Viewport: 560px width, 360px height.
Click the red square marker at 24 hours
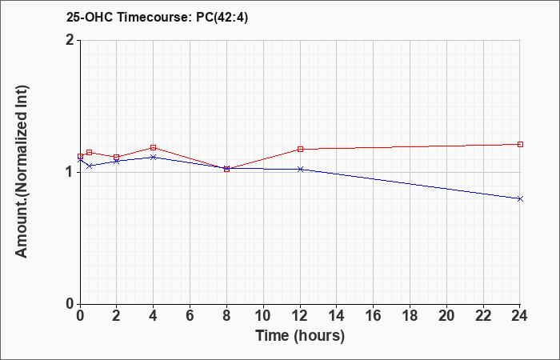pos(520,144)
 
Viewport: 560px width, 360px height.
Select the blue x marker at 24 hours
pos(520,198)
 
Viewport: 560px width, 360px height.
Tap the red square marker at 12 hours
pos(300,149)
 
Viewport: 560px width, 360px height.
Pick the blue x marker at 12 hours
pos(300,169)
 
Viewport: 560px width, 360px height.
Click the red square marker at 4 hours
pos(154,147)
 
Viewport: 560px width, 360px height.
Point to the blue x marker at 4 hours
pos(154,157)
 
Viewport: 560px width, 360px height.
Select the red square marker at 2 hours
pos(117,157)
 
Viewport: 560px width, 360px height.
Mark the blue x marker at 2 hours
pos(117,161)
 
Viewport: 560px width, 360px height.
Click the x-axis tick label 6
pos(190,316)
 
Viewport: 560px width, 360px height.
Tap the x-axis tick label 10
pos(263,316)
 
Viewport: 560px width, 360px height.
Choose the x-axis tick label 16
pos(374,316)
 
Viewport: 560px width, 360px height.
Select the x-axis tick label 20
pos(446,316)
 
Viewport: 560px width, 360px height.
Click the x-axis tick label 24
pos(520,316)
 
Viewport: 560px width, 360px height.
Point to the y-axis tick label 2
pos(70,40)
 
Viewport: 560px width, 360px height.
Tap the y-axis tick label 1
pos(71,173)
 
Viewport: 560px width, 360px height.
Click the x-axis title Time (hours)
pos(300,336)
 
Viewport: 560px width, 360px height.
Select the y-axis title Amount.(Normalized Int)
pos(22,171)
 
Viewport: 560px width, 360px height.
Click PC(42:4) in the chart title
pos(222,17)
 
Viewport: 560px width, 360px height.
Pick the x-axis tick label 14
pos(337,316)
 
